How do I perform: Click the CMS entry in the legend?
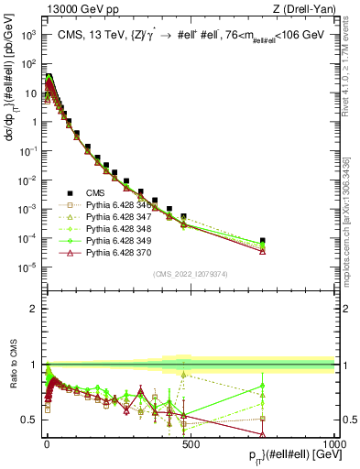tap(97, 192)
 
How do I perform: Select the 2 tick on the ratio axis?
tap(36, 309)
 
